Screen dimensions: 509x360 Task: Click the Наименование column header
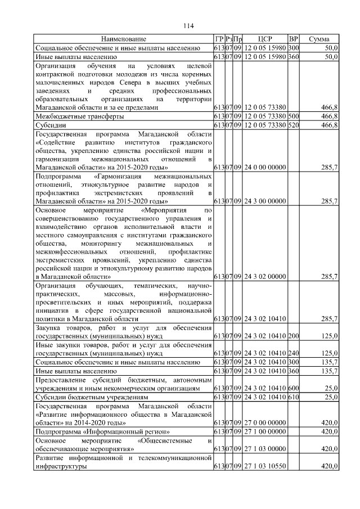coord(124,39)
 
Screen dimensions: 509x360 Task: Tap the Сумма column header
coord(319,39)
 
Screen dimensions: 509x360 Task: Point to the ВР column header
coord(293,39)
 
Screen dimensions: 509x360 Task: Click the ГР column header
coord(219,39)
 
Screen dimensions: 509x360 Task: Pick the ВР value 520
coord(293,125)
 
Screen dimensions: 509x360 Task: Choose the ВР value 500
coord(293,116)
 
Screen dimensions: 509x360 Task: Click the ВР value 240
coord(293,353)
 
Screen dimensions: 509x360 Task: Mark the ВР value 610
coord(293,398)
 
